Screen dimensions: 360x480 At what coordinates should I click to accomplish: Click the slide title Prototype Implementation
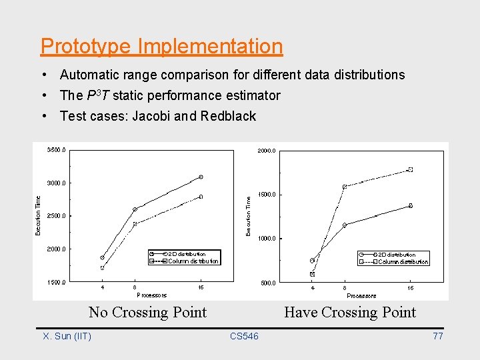tap(161, 47)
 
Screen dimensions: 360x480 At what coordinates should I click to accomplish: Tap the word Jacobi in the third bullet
tap(151, 116)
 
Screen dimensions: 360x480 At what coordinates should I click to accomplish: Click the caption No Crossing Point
tap(147, 312)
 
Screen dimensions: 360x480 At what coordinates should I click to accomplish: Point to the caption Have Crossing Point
tap(349, 312)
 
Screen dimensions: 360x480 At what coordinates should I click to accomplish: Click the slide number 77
tap(437, 336)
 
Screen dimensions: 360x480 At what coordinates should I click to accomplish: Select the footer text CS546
tap(244, 336)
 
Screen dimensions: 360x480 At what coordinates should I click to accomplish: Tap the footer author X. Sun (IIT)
tap(67, 336)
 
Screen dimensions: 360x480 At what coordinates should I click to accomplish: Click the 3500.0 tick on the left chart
tap(56, 150)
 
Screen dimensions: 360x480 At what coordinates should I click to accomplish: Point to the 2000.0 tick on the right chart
tap(267, 151)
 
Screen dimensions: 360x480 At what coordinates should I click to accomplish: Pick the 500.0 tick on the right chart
tap(268, 283)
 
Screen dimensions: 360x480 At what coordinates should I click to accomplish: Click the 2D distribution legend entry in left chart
tap(186, 254)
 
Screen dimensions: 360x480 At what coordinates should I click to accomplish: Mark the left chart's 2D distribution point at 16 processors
tap(201, 177)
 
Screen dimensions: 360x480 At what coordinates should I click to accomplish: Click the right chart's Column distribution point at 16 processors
tap(411, 169)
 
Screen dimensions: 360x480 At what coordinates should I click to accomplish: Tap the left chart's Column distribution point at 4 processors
tap(103, 268)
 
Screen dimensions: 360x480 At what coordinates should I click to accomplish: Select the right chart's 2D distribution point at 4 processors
tap(312, 260)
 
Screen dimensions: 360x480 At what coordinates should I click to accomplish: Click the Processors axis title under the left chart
tap(152, 295)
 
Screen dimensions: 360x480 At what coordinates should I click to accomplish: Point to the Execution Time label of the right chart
tap(249, 215)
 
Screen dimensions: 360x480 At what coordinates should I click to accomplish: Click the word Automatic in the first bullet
tap(89, 75)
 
